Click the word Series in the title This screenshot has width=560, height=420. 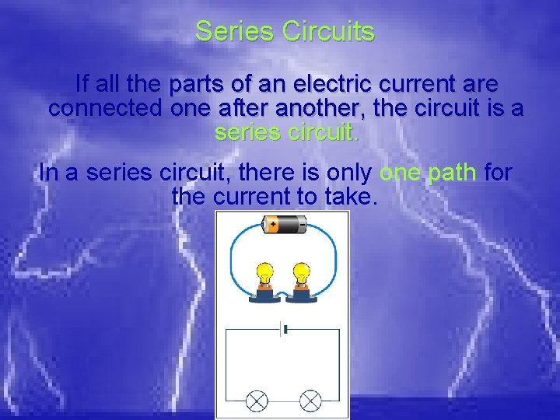(x=235, y=32)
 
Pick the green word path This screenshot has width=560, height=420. (x=452, y=172)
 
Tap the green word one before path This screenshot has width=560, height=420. (x=400, y=172)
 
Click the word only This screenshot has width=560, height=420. (x=346, y=172)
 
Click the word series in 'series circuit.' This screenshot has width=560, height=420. (x=247, y=132)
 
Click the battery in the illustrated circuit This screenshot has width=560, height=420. (x=284, y=226)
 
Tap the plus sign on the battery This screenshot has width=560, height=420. (x=273, y=222)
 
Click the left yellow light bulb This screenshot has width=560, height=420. (x=264, y=275)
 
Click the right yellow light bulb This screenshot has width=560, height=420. (x=301, y=275)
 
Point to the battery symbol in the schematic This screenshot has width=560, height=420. (x=284, y=330)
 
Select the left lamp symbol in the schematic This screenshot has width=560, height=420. (x=257, y=401)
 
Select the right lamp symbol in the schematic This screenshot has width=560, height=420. (x=310, y=401)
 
